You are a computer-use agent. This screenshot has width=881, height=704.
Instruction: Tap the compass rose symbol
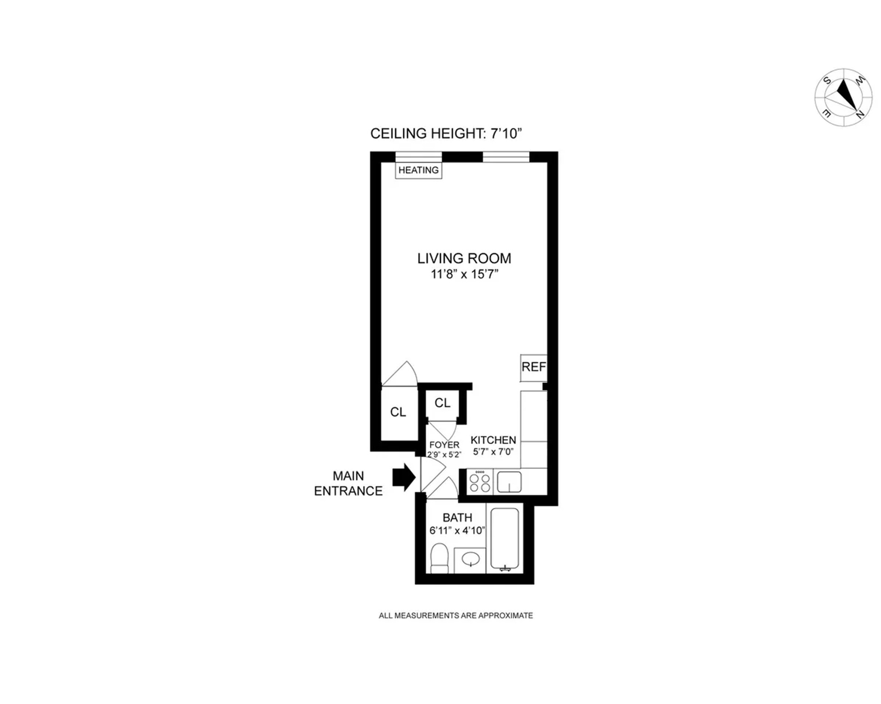[843, 97]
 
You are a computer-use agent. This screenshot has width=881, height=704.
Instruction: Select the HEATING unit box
[418, 170]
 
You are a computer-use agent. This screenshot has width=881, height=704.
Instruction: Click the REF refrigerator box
[533, 367]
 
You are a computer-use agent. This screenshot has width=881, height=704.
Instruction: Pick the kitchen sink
[509, 482]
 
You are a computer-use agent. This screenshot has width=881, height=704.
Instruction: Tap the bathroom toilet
[439, 558]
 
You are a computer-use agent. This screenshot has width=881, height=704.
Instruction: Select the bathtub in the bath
[505, 539]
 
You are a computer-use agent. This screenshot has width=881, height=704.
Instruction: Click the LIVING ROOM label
[464, 258]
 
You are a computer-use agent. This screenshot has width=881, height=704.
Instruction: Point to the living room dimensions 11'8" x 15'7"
[464, 274]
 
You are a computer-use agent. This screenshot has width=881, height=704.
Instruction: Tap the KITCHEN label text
[493, 440]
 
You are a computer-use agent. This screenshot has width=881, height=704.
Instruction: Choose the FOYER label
[444, 445]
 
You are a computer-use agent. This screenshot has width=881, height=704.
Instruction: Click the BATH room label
[457, 517]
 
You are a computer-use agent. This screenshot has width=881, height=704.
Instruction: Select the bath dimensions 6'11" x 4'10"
[457, 530]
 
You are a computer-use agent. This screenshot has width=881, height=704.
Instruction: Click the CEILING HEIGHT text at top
[446, 134]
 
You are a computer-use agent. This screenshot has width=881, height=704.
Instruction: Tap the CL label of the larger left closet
[398, 412]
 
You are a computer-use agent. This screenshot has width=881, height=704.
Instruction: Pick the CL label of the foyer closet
[442, 403]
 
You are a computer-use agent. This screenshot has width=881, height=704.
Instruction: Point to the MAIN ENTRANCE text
[348, 483]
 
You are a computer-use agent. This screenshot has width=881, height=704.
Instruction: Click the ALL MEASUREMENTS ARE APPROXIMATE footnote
[456, 615]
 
